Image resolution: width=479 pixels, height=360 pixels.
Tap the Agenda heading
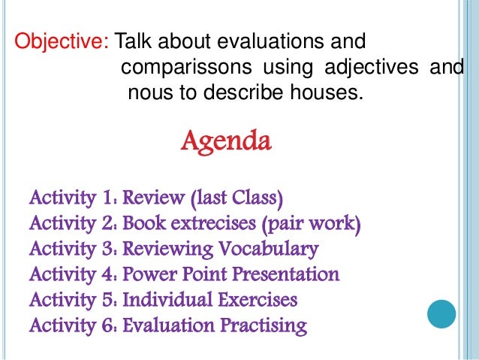click(226, 141)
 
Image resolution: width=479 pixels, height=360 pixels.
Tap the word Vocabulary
click(269, 250)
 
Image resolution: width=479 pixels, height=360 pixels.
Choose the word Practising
click(263, 326)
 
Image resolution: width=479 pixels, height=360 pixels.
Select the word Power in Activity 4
click(151, 275)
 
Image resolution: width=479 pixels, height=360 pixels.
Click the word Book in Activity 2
click(143, 225)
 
